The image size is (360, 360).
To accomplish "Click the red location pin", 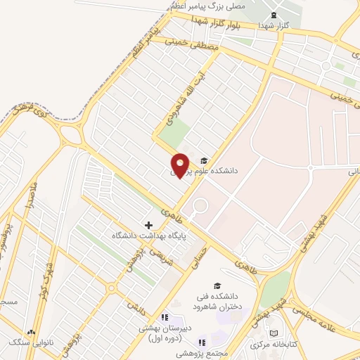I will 180,165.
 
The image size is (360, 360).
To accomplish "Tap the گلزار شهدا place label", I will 275,25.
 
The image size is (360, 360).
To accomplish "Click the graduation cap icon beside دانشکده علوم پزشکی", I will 204,160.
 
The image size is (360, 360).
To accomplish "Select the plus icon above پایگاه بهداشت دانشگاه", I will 148,224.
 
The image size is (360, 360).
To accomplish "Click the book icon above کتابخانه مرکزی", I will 274,333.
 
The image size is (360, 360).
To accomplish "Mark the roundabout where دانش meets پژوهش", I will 111,287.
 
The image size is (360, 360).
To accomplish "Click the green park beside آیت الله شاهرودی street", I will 174,131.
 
